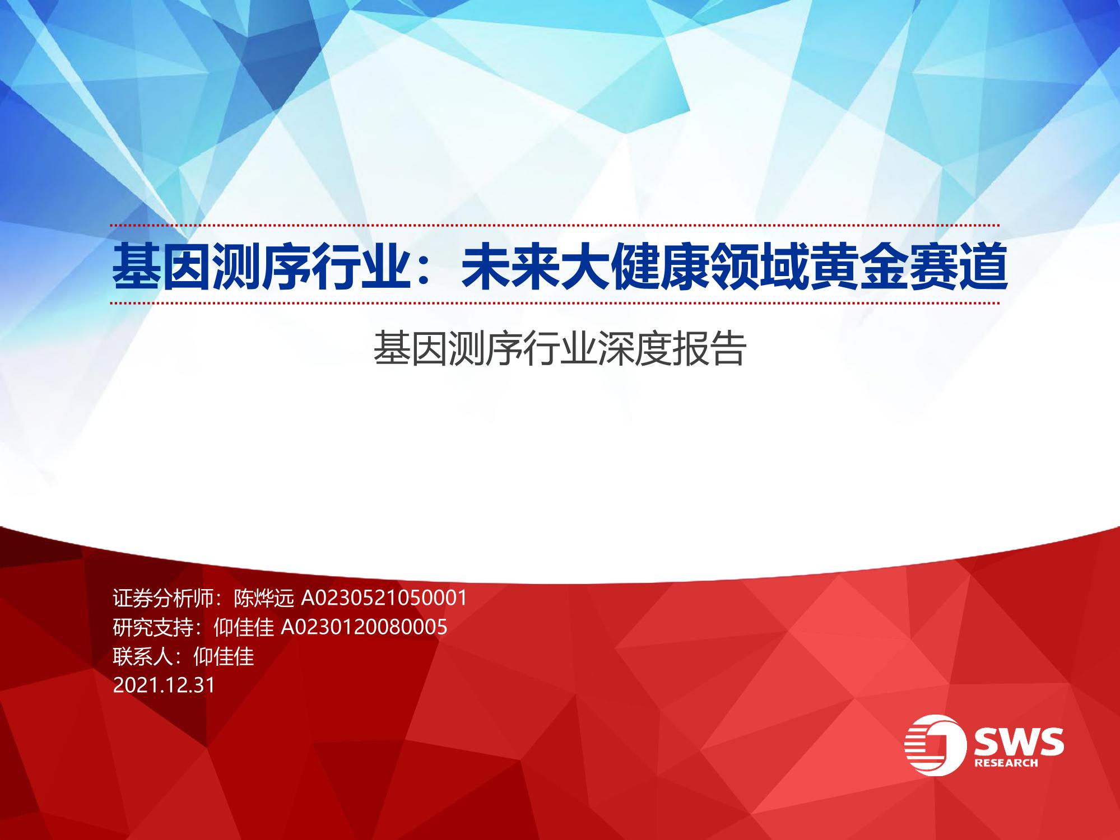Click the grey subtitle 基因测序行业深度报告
click(x=560, y=348)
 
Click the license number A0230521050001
click(x=384, y=599)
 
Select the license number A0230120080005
click(x=364, y=627)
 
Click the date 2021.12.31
click(x=164, y=685)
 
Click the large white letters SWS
click(x=1019, y=742)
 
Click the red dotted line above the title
click(x=555, y=226)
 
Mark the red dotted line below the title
click(x=555, y=304)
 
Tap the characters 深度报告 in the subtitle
click(x=672, y=348)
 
